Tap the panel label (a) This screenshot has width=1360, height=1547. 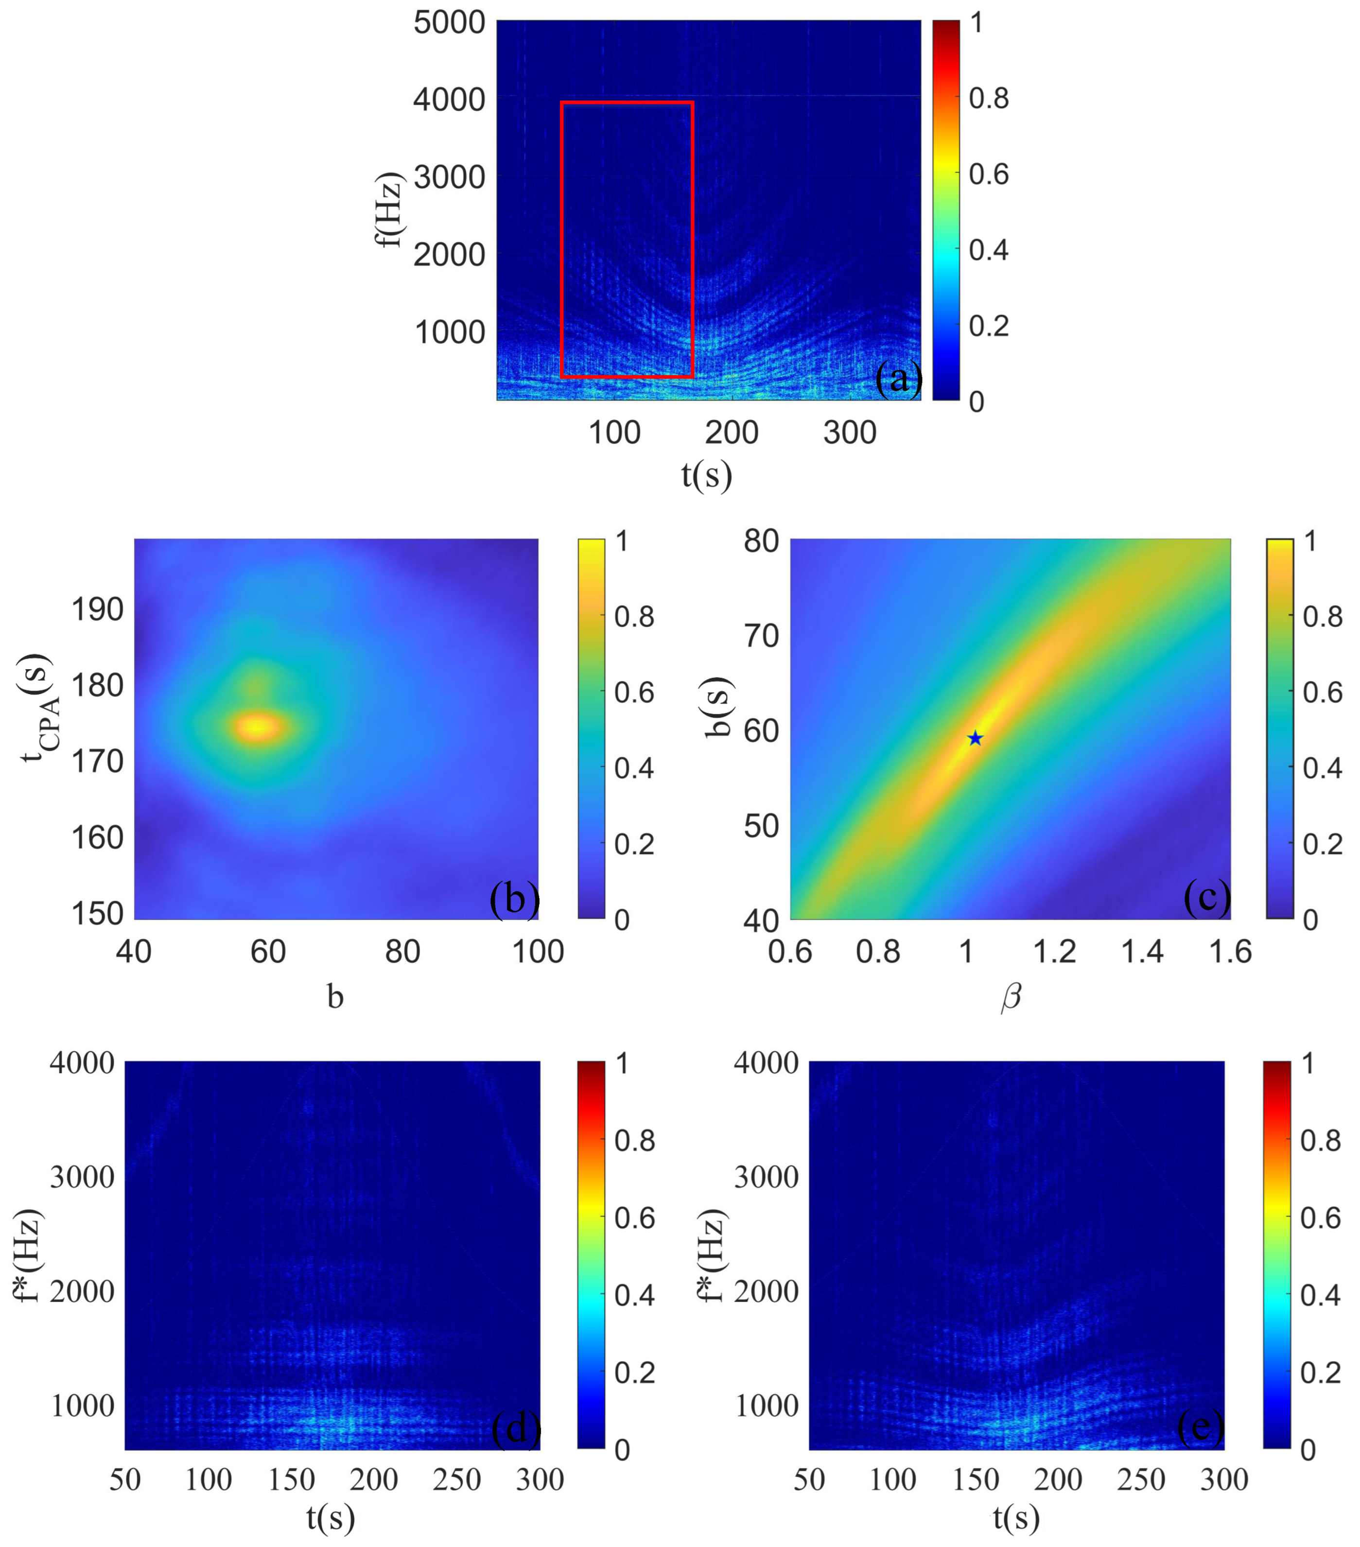(898, 377)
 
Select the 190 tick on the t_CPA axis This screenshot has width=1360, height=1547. (97, 609)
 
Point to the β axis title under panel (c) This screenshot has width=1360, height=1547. (1011, 997)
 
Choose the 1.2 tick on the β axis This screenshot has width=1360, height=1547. (1054, 951)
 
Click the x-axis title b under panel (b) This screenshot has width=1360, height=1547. (335, 997)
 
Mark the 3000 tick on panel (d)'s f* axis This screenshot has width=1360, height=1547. (82, 1177)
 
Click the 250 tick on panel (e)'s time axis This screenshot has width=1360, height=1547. (1141, 1479)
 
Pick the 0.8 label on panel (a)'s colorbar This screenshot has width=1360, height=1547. (988, 98)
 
